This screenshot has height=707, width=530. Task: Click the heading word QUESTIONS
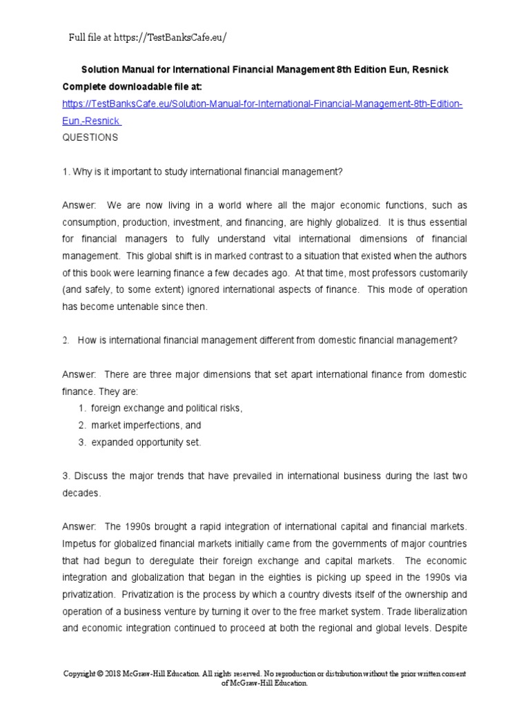pyautogui.click(x=90, y=137)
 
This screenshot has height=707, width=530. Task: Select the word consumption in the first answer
pyautogui.click(x=90, y=222)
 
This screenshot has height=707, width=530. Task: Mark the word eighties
pyautogui.click(x=285, y=577)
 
